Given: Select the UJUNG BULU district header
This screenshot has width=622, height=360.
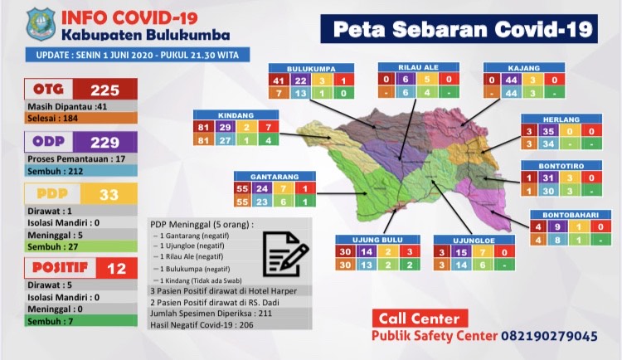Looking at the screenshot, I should tap(377, 240).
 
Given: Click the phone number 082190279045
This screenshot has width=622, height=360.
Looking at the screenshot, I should tap(548, 336).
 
